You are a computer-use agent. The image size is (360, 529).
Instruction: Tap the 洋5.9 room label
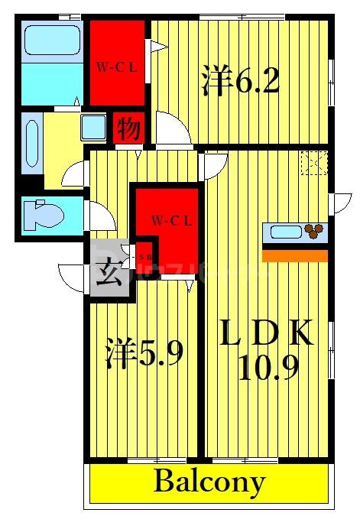point(143,354)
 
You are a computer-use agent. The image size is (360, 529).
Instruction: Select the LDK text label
point(267,334)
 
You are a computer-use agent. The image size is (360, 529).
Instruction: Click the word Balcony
point(209,482)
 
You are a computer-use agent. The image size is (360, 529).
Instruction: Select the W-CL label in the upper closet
point(116,67)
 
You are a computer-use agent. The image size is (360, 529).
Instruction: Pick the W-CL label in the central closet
point(170,222)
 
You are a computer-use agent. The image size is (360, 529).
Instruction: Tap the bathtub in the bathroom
point(52,40)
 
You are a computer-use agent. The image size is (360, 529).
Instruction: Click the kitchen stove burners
point(313,230)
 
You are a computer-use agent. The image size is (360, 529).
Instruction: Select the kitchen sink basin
point(281,232)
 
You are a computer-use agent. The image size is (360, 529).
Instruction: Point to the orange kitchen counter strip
point(294,255)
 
